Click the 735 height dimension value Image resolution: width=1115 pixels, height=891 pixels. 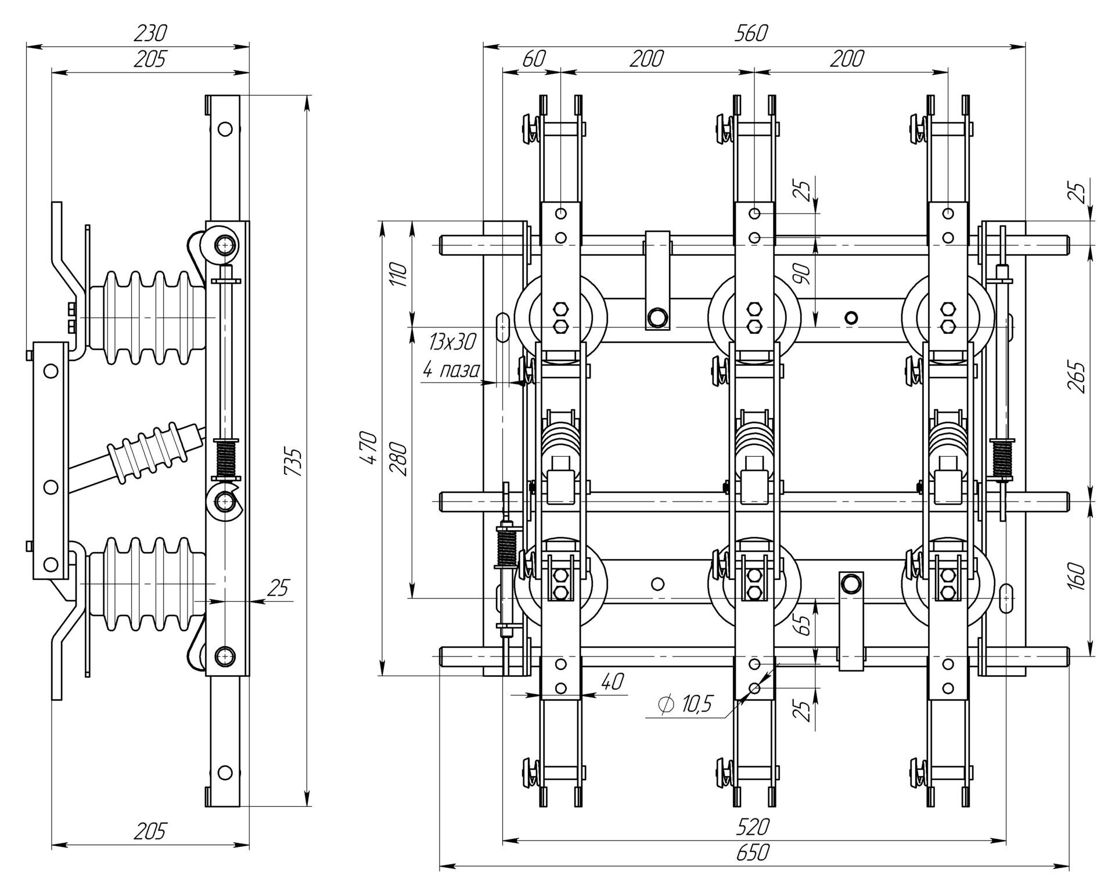[294, 462]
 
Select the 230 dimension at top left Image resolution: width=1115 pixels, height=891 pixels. [150, 34]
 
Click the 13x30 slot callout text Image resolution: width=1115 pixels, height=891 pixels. [452, 342]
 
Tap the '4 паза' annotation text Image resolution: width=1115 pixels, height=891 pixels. [450, 370]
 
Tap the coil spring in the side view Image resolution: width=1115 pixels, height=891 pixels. [227, 458]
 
